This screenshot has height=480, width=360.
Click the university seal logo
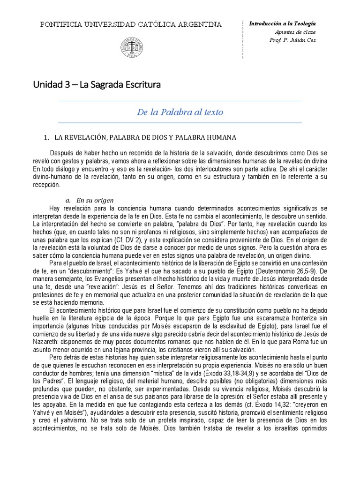[x=131, y=47]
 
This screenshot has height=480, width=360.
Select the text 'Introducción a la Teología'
[x=282, y=23]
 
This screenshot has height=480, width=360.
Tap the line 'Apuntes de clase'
[x=295, y=32]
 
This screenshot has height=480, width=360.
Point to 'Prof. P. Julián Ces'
[x=292, y=40]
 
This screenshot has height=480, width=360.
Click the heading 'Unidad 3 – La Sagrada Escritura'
[x=97, y=85]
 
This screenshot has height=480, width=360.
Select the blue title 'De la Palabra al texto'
[x=180, y=112]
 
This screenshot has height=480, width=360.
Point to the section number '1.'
[x=46, y=137]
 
